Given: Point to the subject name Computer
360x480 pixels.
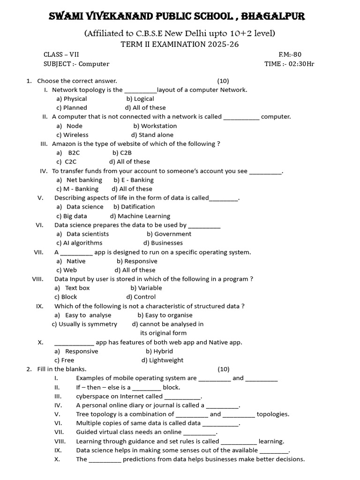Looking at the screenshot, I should (94, 64).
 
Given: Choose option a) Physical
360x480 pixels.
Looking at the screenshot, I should (72, 98).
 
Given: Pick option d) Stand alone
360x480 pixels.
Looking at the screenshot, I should (152, 135).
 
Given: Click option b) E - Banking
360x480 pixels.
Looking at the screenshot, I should (134, 180).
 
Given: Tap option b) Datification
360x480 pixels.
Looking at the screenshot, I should (134, 207).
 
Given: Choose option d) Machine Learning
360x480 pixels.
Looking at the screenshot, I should (140, 216).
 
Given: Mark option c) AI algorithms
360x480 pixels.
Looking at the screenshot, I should (79, 243).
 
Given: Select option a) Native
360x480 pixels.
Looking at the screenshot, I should (71, 261).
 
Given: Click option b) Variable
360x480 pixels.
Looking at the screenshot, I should (146, 288).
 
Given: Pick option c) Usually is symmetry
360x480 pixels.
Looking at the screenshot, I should (84, 324).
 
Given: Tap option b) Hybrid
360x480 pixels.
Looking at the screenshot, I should (159, 351).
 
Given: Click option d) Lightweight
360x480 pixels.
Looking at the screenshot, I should (162, 360).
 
